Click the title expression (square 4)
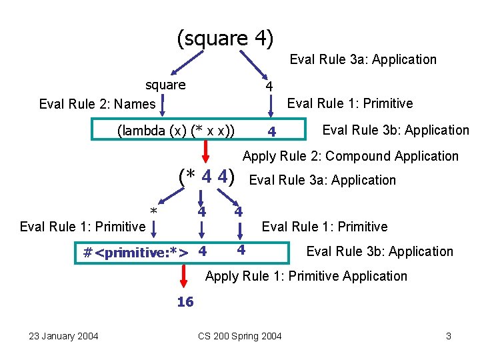225,39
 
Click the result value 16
185,302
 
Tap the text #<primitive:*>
135,253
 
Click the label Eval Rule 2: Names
97,104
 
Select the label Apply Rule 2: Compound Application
350,157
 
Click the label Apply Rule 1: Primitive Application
306,276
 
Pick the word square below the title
165,85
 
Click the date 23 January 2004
63,336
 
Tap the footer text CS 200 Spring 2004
239,336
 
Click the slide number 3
449,336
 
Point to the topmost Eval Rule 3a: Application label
363,59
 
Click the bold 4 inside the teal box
271,131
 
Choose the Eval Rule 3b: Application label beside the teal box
395,130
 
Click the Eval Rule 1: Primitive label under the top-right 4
349,103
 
